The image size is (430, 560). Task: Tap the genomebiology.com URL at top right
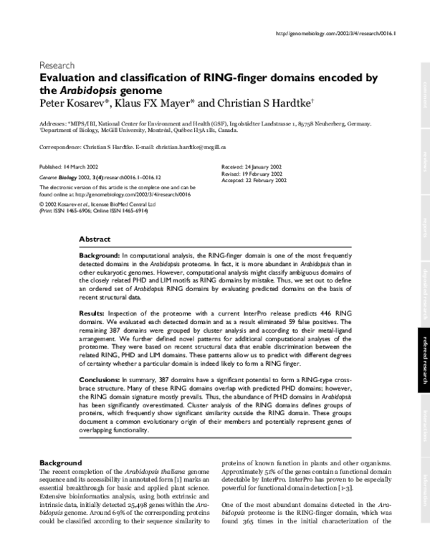[x=335, y=34]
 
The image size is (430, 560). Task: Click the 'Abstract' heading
[x=94, y=239]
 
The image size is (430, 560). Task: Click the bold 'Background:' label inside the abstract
[x=100, y=255]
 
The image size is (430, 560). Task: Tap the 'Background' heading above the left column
[x=61, y=463]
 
